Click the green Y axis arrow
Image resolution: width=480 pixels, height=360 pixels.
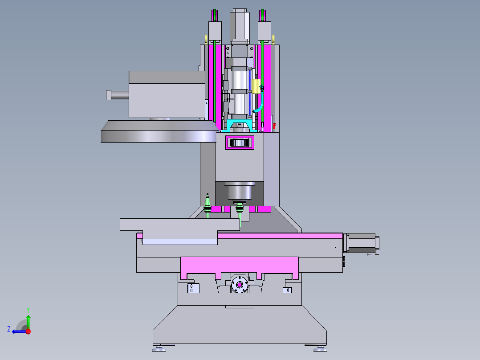28,322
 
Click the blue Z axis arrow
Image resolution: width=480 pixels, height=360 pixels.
19,331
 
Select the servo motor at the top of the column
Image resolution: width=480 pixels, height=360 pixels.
240,26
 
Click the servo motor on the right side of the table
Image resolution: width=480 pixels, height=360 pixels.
361,243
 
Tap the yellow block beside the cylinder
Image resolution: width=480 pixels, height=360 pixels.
256,86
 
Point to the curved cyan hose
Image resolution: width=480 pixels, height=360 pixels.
260,101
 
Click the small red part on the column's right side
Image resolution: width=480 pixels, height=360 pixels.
274,126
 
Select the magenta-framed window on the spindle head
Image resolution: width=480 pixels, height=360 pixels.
240,143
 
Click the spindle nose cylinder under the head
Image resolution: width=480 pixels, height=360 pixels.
240,191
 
